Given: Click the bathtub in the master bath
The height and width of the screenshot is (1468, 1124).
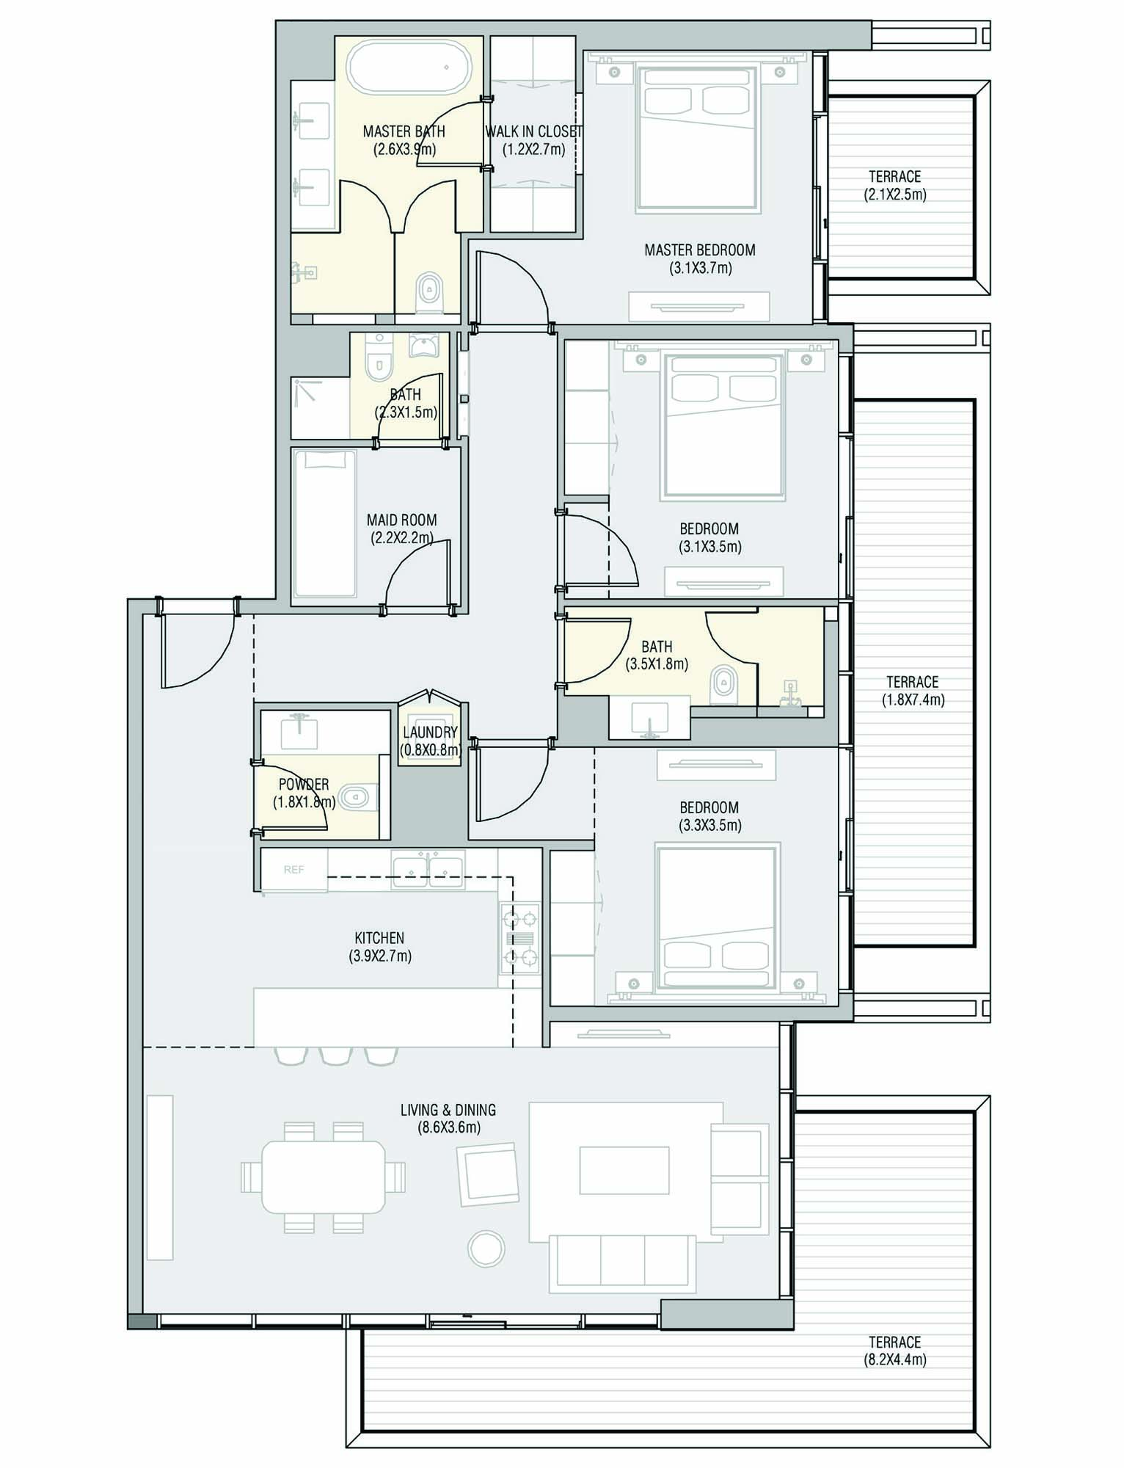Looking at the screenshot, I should coord(408,68).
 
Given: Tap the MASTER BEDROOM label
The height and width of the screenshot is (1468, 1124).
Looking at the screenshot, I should coord(699,250).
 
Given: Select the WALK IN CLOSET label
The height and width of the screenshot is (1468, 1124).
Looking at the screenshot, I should coord(533,131).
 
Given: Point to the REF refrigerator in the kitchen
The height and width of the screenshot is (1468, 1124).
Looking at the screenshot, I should coord(294,870).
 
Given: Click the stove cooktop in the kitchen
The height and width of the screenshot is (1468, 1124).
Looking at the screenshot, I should coord(519,937).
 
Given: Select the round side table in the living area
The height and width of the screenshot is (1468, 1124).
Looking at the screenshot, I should coord(486,1249).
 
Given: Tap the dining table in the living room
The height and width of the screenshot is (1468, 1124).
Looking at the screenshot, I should coord(323,1177).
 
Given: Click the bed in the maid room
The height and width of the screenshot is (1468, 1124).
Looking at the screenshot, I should coord(324,523).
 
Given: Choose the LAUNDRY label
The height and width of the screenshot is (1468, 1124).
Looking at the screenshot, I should coord(430,732).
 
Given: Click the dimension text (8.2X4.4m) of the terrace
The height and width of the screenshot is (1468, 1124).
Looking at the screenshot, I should coord(894,1360).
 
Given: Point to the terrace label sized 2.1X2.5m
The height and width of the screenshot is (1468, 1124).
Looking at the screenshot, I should coord(894,177).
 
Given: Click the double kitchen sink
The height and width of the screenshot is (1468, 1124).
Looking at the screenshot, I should coord(428,868).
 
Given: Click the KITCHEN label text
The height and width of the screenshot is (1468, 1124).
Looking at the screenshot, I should coord(379,938).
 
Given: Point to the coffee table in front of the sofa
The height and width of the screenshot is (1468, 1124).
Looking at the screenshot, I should coord(624,1171).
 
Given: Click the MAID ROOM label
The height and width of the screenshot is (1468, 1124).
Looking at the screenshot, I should coord(401,520).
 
